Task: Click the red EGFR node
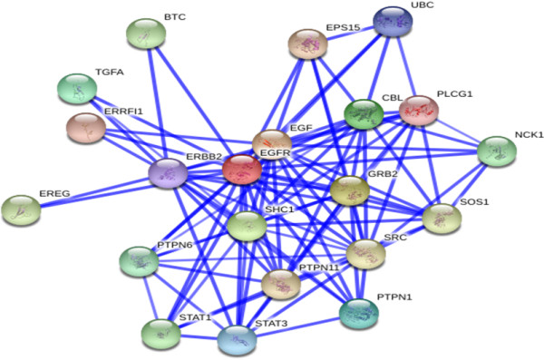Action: [242, 169]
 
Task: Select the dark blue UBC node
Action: [393, 21]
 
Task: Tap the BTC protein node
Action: [146, 34]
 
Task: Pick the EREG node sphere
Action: [21, 210]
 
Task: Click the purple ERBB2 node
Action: [168, 173]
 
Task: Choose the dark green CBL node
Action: [364, 114]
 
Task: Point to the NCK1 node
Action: [497, 151]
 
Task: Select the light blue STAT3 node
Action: [238, 340]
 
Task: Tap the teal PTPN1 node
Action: [359, 314]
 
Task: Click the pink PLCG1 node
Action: [419, 111]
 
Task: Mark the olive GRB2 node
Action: [350, 190]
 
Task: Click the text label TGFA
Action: [110, 73]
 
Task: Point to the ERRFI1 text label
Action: [123, 112]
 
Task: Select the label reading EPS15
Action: [343, 27]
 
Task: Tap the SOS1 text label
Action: [474, 201]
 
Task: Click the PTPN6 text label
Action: [174, 245]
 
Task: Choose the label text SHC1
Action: [279, 209]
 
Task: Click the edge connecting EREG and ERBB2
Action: [94, 192]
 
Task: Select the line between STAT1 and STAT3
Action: [199, 336]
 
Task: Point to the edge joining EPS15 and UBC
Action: [350, 33]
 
